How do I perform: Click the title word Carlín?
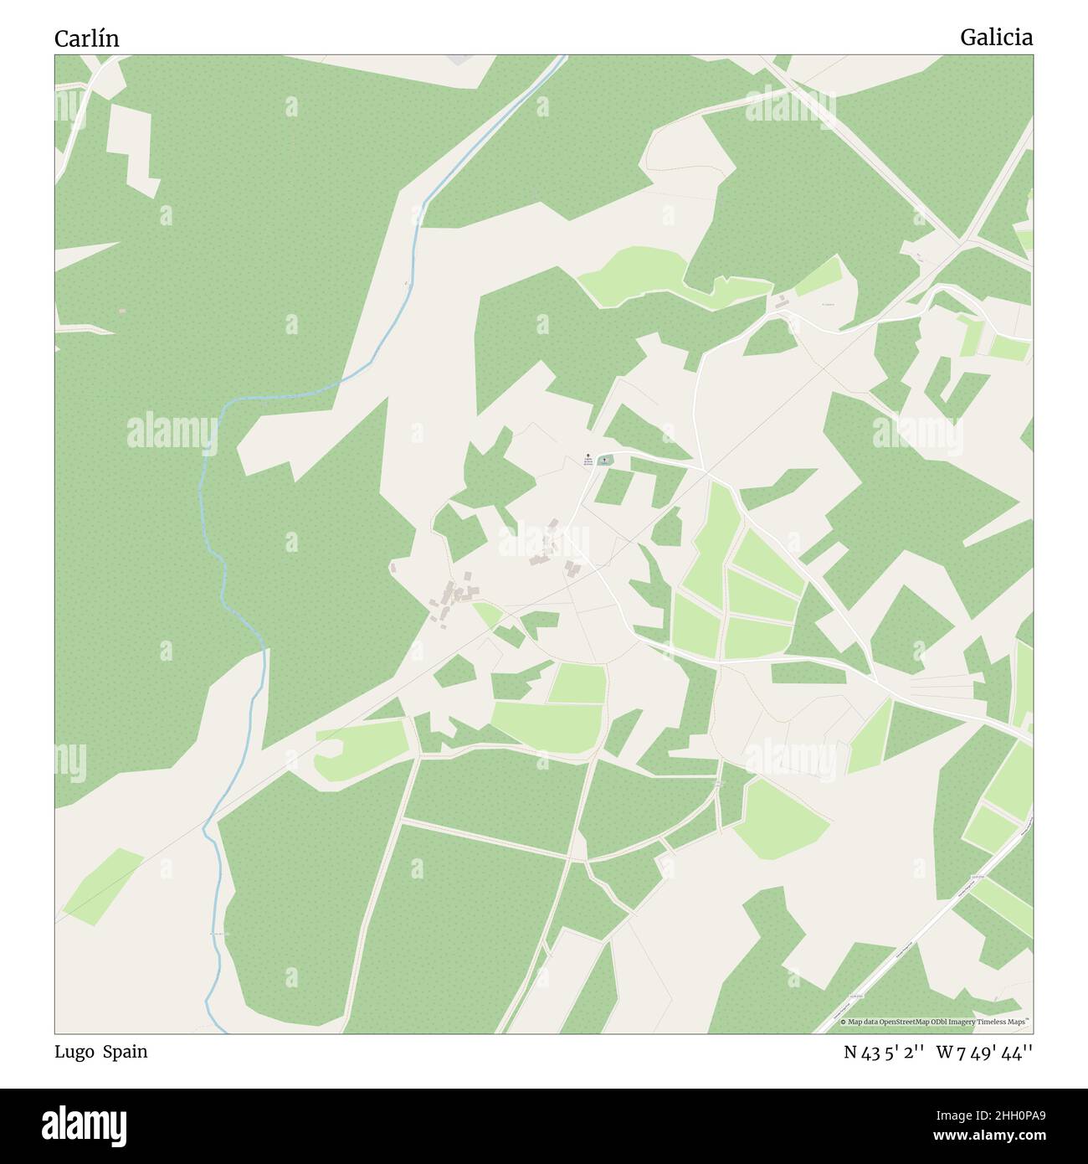coord(87,39)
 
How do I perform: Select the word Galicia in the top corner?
coord(996,38)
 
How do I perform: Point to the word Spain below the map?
coord(126,1052)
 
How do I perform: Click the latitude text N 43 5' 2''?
coord(883,1053)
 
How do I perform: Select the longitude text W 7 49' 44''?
coord(984,1053)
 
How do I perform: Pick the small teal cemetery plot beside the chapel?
coord(604,460)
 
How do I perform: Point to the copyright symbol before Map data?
coord(844,1022)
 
